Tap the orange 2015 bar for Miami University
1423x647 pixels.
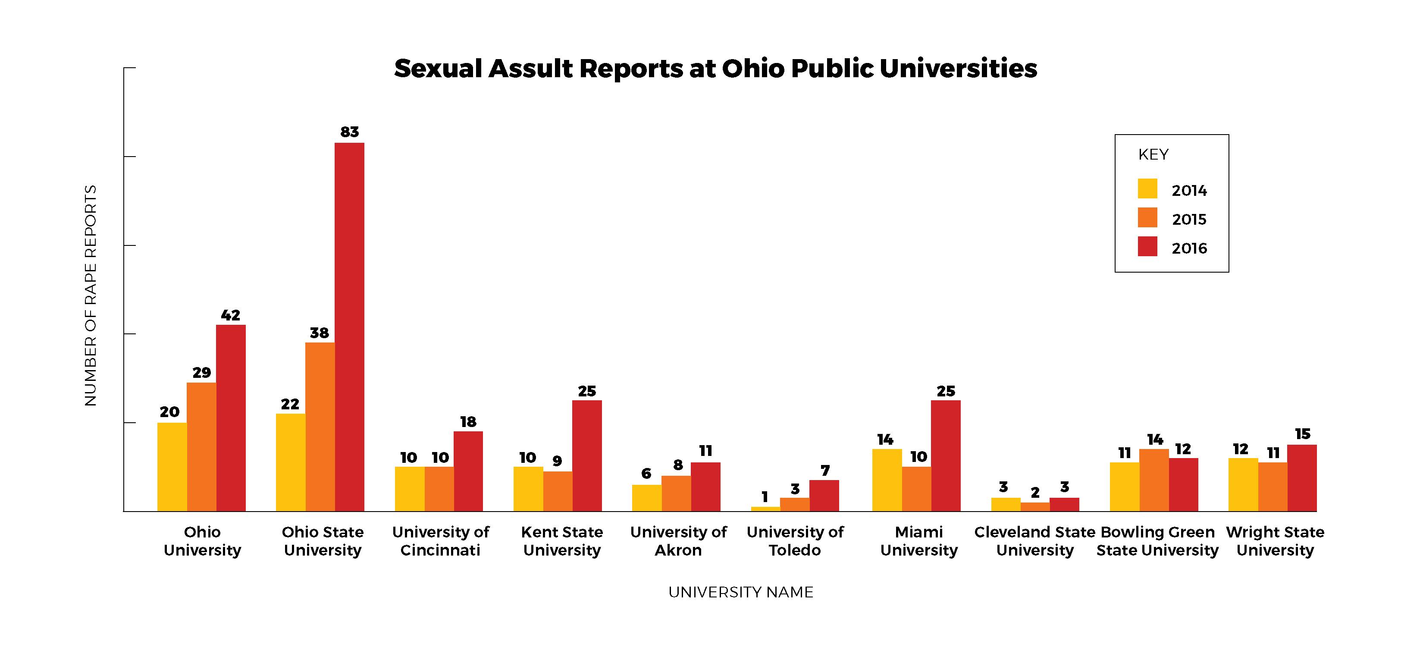pos(916,489)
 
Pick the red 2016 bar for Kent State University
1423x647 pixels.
pos(586,456)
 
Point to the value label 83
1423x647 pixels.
pos(349,132)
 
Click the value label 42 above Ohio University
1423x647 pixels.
pos(230,315)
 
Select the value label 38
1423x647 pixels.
pos(319,333)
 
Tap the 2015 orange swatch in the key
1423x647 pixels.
pos(1147,218)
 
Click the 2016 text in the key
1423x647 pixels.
pos(1189,248)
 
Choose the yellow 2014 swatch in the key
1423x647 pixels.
pos(1147,188)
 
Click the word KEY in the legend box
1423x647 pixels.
pos(1153,155)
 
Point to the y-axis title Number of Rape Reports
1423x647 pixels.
pos(91,295)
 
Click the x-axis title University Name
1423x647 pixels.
pos(740,592)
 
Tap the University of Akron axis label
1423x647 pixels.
pos(678,541)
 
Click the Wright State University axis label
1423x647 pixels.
pos(1275,541)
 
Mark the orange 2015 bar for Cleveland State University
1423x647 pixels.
pos(1034,507)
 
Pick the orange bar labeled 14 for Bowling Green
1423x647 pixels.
pos(1153,480)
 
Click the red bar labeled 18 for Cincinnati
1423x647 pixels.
pos(468,471)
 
